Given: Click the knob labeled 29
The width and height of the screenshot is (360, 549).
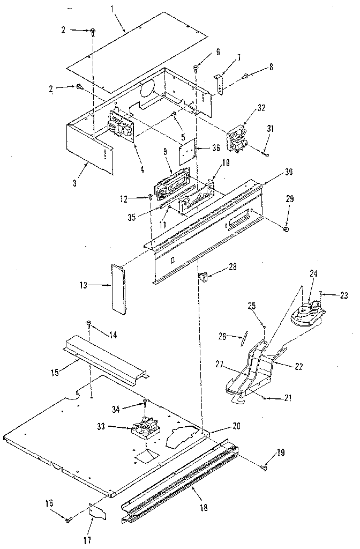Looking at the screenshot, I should click(286, 229).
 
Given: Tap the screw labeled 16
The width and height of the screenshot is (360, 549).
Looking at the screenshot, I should click(68, 519).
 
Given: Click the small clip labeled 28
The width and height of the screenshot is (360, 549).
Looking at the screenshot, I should click(203, 277).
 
